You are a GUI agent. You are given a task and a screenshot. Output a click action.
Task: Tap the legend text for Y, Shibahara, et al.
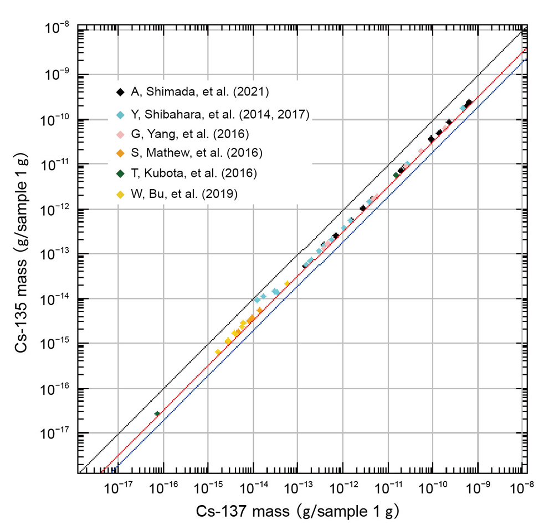[219, 115]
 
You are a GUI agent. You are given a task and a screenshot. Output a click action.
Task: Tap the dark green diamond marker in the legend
[120, 173]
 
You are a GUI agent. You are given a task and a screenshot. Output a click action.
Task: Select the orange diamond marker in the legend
[120, 152]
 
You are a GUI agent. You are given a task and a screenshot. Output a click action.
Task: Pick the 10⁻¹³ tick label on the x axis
[297, 488]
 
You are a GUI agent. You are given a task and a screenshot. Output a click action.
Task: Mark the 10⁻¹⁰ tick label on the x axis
[432, 488]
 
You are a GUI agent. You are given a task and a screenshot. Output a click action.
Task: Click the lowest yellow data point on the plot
[218, 352]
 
